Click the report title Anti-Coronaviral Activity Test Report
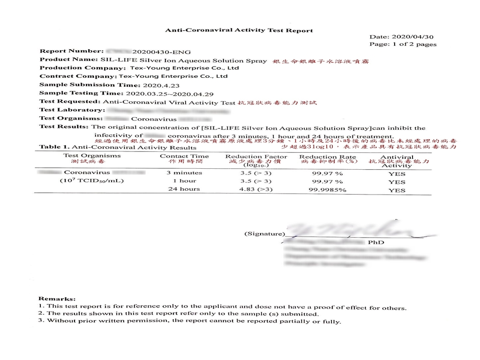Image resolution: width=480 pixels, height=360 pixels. [x=239, y=30]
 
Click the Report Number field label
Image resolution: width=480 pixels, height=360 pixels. [x=71, y=51]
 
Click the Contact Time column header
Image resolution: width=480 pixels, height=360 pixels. [x=184, y=157]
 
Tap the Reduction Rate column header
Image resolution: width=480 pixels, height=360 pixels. [x=327, y=157]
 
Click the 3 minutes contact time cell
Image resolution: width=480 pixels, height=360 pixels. [x=184, y=172]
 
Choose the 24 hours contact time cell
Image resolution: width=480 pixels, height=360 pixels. [x=184, y=189]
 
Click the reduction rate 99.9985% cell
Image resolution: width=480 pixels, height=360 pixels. [x=327, y=190]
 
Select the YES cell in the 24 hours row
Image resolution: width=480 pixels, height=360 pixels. [x=397, y=190]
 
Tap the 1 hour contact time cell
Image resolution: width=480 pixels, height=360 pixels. [x=184, y=181]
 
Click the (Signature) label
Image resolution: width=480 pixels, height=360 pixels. [x=264, y=233]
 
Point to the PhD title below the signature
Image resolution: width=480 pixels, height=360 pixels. [x=376, y=242]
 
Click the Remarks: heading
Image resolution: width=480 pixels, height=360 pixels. [x=57, y=299]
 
